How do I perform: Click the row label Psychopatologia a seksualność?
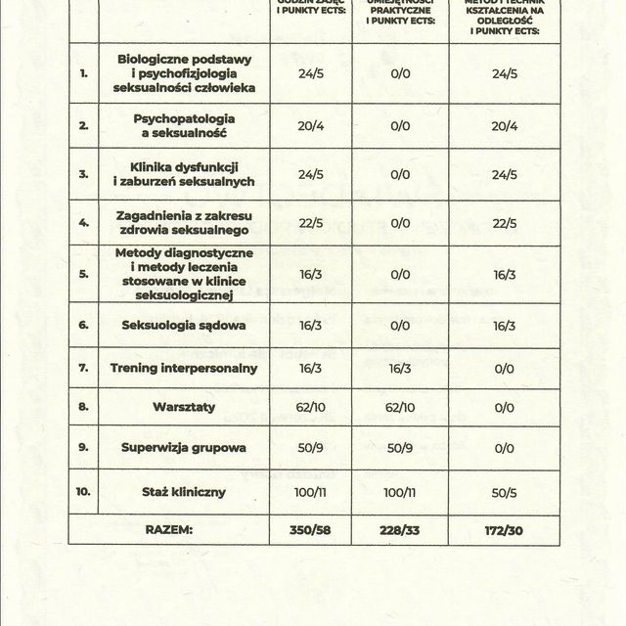click(x=184, y=126)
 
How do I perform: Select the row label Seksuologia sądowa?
click(x=184, y=326)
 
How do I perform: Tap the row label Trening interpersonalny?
click(x=184, y=368)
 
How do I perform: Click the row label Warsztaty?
click(x=184, y=408)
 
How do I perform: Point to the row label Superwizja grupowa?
click(x=184, y=449)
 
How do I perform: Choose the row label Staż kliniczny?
click(x=184, y=490)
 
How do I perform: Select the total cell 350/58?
click(x=310, y=529)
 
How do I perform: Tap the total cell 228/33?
click(x=400, y=529)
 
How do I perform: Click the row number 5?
click(x=83, y=275)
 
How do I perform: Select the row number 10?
click(x=83, y=490)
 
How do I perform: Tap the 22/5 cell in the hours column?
click(x=310, y=223)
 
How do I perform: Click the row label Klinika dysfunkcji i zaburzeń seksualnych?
click(x=184, y=174)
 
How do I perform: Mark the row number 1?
click(x=83, y=73)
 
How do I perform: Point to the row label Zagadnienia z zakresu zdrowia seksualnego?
click(x=184, y=223)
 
